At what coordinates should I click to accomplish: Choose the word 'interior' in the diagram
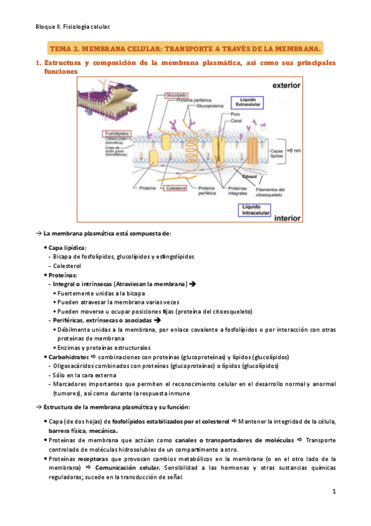pos(287,218)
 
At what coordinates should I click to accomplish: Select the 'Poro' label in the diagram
pos(235,115)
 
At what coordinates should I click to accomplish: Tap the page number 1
pos(333,492)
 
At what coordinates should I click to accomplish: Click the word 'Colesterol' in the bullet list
pos(69,266)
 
